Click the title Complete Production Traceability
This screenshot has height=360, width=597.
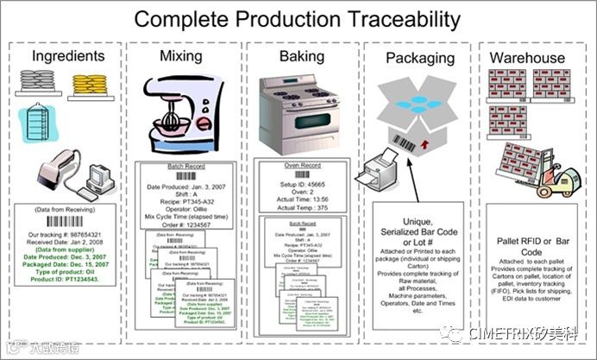point(298,19)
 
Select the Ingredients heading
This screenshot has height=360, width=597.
point(68,57)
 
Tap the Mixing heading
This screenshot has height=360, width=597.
point(181,57)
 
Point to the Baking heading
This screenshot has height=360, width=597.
point(301,57)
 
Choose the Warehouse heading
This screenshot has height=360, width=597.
point(527,58)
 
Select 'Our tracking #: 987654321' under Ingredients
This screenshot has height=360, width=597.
point(60,235)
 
